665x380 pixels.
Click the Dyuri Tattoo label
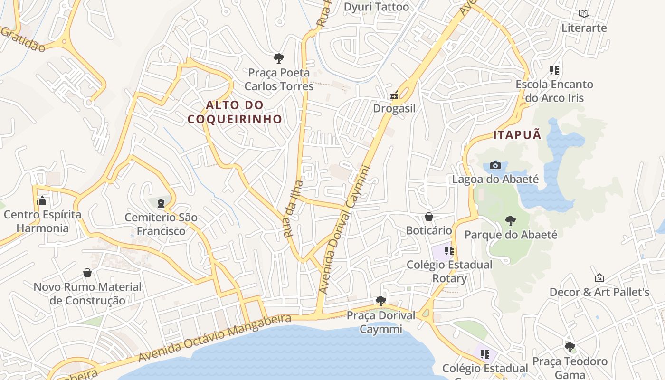(x=376, y=7)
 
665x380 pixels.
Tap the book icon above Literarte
(x=584, y=14)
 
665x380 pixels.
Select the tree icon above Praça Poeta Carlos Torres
(x=279, y=58)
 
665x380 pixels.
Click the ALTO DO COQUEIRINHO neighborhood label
(x=235, y=112)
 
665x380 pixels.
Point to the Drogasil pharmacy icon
(x=394, y=95)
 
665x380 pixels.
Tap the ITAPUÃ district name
(x=517, y=135)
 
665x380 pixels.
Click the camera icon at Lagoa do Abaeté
(x=495, y=165)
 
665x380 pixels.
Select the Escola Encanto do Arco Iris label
(x=555, y=91)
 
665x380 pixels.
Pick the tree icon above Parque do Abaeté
(x=511, y=220)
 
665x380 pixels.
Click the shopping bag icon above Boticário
(x=429, y=217)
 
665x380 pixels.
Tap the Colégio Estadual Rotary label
(x=449, y=271)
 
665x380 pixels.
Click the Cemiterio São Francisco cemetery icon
(x=161, y=203)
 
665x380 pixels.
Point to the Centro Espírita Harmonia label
(x=43, y=221)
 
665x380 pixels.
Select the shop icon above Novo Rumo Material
(x=87, y=273)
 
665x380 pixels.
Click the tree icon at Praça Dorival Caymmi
(x=380, y=301)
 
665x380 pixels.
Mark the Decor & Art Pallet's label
(x=599, y=292)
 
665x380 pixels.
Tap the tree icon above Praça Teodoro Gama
(x=570, y=347)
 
